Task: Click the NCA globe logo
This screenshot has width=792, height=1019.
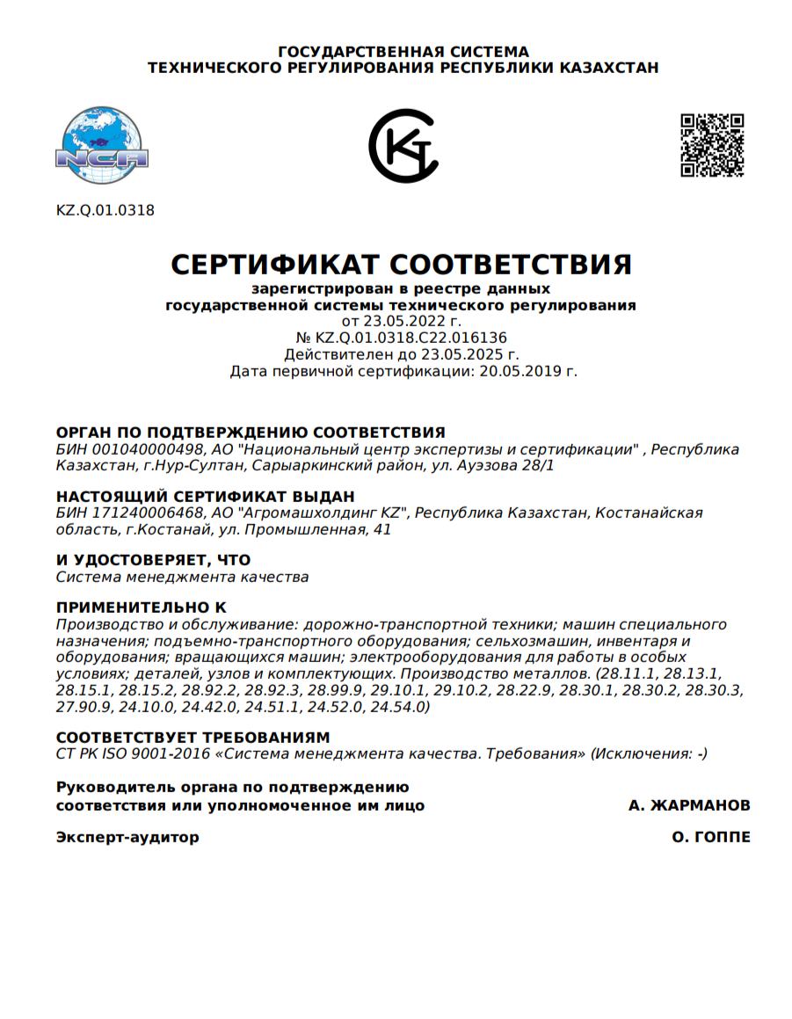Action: (102, 146)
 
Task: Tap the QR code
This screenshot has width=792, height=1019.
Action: (713, 145)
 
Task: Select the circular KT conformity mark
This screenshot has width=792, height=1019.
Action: (403, 146)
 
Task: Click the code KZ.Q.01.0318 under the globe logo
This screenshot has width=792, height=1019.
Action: (105, 210)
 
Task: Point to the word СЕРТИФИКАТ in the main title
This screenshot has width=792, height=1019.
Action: (273, 264)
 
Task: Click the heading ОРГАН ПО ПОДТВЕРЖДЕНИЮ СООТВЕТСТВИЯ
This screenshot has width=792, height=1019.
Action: (251, 433)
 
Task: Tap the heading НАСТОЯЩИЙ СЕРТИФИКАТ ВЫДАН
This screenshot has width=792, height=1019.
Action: (206, 496)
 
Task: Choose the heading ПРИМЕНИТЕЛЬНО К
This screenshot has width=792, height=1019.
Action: (141, 608)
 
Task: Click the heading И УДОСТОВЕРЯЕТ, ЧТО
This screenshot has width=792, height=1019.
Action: (153, 560)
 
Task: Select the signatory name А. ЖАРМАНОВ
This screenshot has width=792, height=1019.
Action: (689, 805)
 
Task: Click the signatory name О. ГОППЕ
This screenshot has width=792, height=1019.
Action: (711, 837)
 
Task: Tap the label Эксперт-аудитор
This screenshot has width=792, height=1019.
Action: (127, 837)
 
